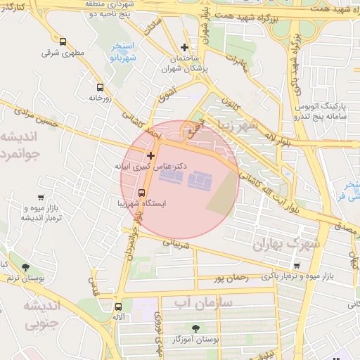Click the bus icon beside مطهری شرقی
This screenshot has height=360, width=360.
pyautogui.click(x=63, y=42)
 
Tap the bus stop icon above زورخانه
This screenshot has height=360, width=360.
pyautogui.click(x=100, y=88)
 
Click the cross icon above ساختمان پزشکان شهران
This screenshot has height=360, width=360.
pyautogui.click(x=184, y=48)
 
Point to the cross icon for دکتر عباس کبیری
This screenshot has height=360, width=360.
pyautogui.click(x=150, y=155)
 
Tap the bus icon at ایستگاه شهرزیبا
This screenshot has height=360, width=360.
pyautogui.click(x=142, y=193)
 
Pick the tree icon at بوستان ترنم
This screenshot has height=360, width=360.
pyautogui.click(x=26, y=268)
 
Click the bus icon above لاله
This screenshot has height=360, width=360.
pyautogui.click(x=118, y=307)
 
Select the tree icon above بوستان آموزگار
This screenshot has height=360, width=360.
pyautogui.click(x=195, y=328)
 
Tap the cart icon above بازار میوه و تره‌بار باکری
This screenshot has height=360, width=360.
pyautogui.click(x=297, y=266)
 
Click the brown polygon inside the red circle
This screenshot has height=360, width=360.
pyautogui.click(x=222, y=194)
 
